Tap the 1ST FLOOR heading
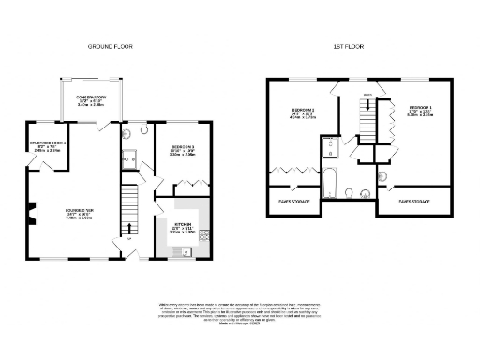pos(348,46)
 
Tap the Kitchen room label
pos(182,226)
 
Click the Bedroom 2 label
pos(301,115)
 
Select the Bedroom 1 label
pos(421,112)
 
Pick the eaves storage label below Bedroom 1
pos(413,201)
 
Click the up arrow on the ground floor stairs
pos(129,228)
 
